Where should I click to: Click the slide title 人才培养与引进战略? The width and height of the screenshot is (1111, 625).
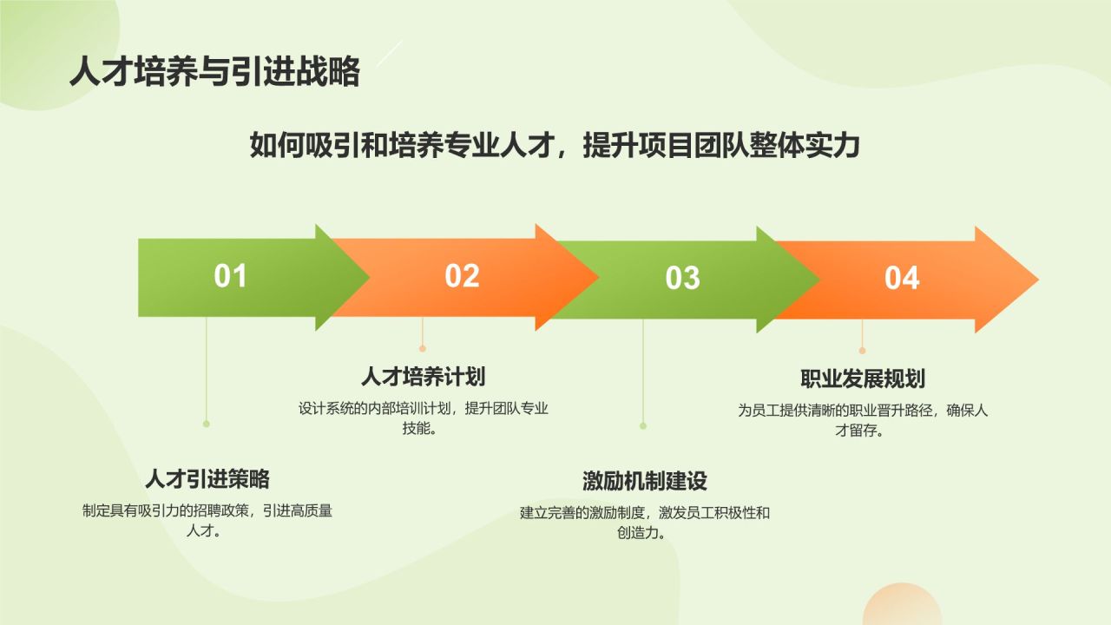pos(214,72)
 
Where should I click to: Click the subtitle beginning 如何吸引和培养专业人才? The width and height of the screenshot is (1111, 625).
pos(554,145)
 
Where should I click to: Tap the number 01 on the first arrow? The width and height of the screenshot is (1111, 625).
pos(231,276)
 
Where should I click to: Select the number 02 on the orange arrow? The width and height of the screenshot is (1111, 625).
pos(462,276)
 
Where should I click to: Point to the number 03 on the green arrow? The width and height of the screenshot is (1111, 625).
pos(682,279)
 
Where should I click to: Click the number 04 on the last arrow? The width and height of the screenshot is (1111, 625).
pos(902,279)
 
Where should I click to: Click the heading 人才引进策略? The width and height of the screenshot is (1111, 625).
pos(207,478)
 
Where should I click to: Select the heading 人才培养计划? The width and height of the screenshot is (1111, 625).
pos(423,377)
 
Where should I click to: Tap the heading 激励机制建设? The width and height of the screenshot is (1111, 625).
pos(644,481)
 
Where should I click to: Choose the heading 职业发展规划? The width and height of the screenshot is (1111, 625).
pos(862,378)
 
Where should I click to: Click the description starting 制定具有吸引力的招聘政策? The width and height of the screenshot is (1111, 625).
pos(207,521)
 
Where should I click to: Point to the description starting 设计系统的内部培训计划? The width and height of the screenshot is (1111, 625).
pos(423,418)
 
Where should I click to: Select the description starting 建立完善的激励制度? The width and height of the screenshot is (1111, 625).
pos(644,523)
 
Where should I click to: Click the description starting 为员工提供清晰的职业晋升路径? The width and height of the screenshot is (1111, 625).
pos(862,420)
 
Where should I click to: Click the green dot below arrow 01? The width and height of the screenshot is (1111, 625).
pos(207,424)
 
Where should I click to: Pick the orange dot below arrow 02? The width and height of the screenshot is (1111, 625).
pos(423,348)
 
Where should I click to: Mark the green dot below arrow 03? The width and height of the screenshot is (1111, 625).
pos(643,426)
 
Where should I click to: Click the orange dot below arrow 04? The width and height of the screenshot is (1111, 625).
pos(862,351)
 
